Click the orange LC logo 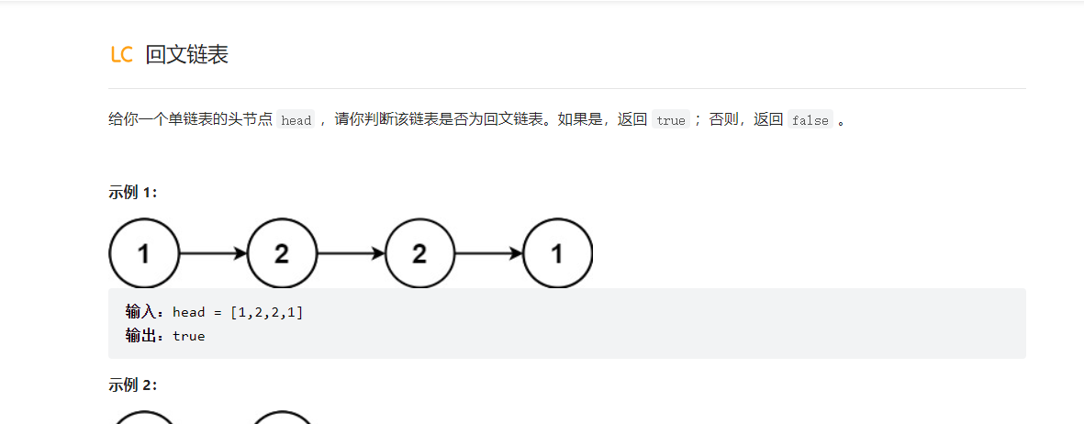pyautogui.click(x=121, y=55)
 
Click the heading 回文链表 pyautogui.click(x=187, y=55)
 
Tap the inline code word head pyautogui.click(x=296, y=120)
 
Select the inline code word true pyautogui.click(x=671, y=120)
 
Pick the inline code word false pyautogui.click(x=810, y=120)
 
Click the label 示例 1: pyautogui.click(x=133, y=192)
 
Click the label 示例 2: pyautogui.click(x=133, y=385)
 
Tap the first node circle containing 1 pyautogui.click(x=144, y=253)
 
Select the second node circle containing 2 pyautogui.click(x=282, y=253)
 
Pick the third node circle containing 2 pyautogui.click(x=419, y=253)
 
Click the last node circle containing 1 pyautogui.click(x=557, y=253)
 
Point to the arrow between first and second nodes pyautogui.click(x=213, y=253)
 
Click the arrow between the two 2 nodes pyautogui.click(x=351, y=253)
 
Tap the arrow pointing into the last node pyautogui.click(x=488, y=253)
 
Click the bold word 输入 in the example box pyautogui.click(x=140, y=312)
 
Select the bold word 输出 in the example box pyautogui.click(x=140, y=336)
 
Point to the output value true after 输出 pyautogui.click(x=189, y=336)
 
